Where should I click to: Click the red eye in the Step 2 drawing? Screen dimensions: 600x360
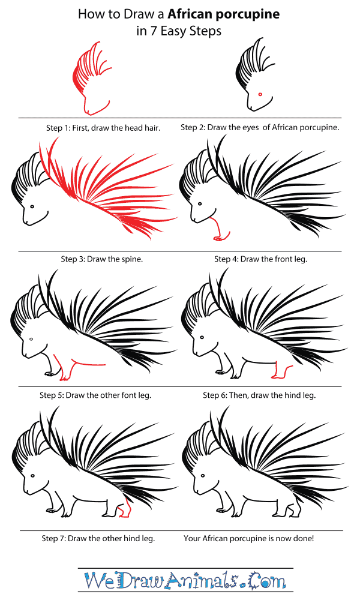click(260, 94)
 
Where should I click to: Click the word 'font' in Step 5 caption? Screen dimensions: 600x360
click(124, 395)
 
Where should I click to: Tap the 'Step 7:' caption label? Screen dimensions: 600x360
click(55, 538)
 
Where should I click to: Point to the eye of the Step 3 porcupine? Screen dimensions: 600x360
click(31, 205)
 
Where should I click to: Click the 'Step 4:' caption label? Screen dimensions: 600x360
click(229, 260)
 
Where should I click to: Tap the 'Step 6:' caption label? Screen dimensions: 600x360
click(217, 395)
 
